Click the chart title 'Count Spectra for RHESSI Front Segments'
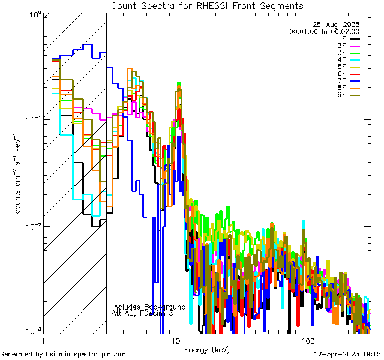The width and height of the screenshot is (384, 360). click(207, 5)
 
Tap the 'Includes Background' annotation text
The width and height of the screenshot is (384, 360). click(149, 307)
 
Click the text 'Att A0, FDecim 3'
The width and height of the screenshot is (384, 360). click(143, 313)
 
